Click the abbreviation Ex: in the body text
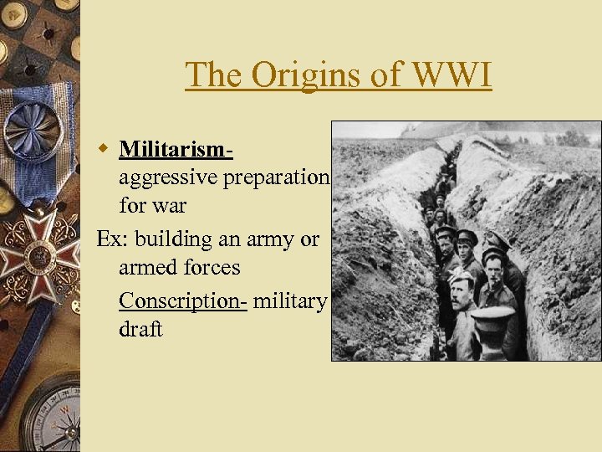tap(113, 239)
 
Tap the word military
tap(289, 300)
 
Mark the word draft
tap(140, 329)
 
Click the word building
tap(173, 239)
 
